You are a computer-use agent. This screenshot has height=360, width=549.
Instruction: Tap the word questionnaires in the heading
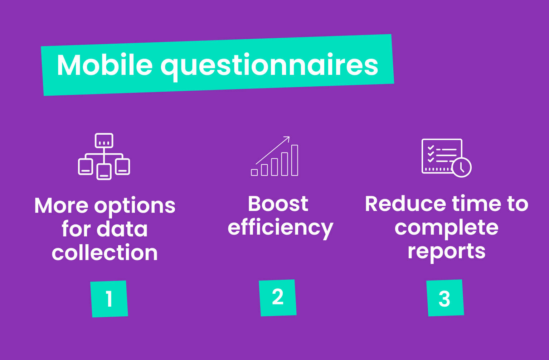[269, 66]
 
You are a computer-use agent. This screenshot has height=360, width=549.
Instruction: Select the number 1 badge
[109, 299]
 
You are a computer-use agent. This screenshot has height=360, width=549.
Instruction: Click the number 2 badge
[278, 297]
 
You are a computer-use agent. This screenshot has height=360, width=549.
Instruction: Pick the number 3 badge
[445, 298]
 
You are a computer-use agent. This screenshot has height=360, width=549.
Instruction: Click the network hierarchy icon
[104, 156]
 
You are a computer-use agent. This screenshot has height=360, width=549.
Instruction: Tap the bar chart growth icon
[275, 157]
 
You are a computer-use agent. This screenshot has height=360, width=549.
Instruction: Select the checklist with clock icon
[446, 158]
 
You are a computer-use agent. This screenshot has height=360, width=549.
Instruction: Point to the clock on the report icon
[461, 167]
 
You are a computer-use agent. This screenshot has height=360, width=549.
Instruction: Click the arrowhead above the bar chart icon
[287, 139]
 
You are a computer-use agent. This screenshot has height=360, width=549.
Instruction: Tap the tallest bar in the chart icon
[295, 160]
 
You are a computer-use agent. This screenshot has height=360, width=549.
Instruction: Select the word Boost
[278, 204]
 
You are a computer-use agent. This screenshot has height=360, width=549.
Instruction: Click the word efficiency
[280, 228]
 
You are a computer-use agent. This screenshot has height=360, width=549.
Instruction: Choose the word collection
[105, 253]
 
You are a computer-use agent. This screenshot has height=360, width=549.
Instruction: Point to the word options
[135, 206]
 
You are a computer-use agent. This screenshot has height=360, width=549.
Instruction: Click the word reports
[446, 251]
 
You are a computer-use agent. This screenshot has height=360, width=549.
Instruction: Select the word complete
[446, 228]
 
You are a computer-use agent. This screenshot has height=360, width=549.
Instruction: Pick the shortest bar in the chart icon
[254, 172]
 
